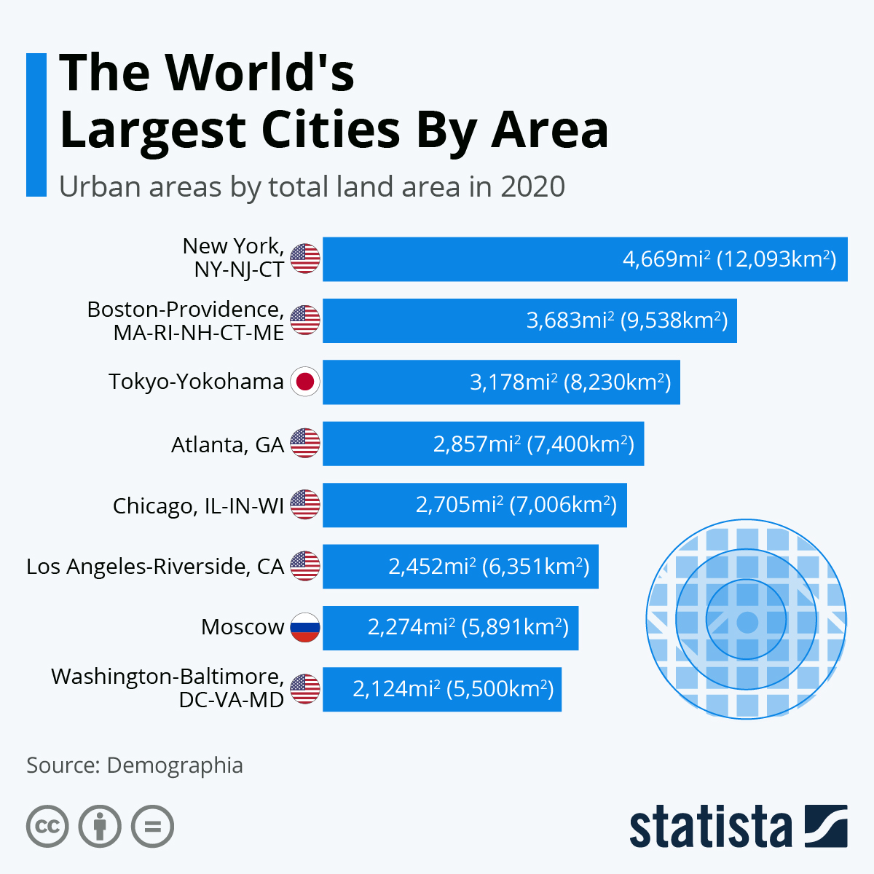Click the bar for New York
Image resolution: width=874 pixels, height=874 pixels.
(466, 259)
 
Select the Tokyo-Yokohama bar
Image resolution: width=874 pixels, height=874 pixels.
(393, 382)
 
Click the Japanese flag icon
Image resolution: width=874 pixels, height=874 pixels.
(305, 382)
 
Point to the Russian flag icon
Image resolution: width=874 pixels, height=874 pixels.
(305, 628)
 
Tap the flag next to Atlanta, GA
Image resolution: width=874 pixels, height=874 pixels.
(305, 444)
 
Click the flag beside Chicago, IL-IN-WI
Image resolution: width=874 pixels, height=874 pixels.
(305, 505)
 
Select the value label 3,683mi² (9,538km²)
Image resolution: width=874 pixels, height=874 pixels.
(627, 320)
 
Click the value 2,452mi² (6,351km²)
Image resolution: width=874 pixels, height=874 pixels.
(489, 566)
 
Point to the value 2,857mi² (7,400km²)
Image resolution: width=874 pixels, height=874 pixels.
(534, 444)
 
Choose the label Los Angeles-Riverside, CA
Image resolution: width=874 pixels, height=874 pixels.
(155, 566)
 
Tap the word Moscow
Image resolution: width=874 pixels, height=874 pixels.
(243, 627)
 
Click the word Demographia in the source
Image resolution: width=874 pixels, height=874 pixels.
(175, 765)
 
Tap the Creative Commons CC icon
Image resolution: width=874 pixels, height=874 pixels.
(47, 827)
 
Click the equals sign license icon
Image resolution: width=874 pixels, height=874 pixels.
(153, 827)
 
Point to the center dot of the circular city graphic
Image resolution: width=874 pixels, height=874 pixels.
(747, 622)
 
